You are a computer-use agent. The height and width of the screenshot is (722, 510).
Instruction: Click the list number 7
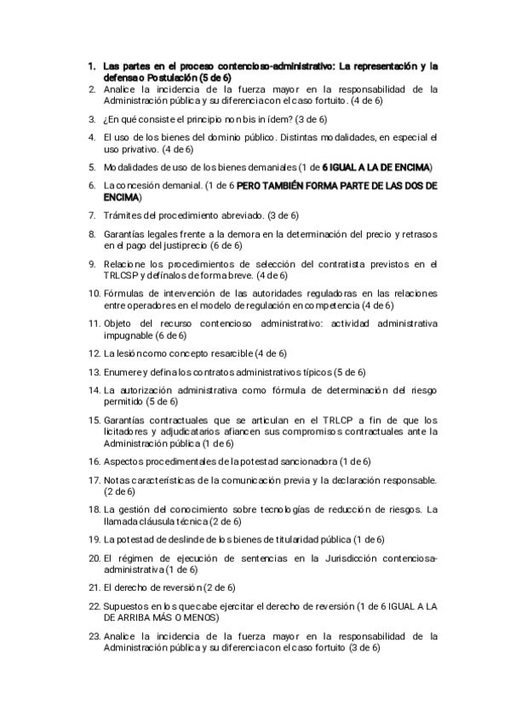pyautogui.click(x=91, y=215)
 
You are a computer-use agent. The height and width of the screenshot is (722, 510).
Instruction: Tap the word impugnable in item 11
pyautogui.click(x=129, y=335)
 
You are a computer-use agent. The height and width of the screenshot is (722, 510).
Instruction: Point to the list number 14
pyautogui.click(x=94, y=390)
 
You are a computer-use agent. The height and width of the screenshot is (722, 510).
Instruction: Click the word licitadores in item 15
pyautogui.click(x=125, y=432)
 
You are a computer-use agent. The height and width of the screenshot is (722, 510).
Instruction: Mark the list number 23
pyautogui.click(x=94, y=635)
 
